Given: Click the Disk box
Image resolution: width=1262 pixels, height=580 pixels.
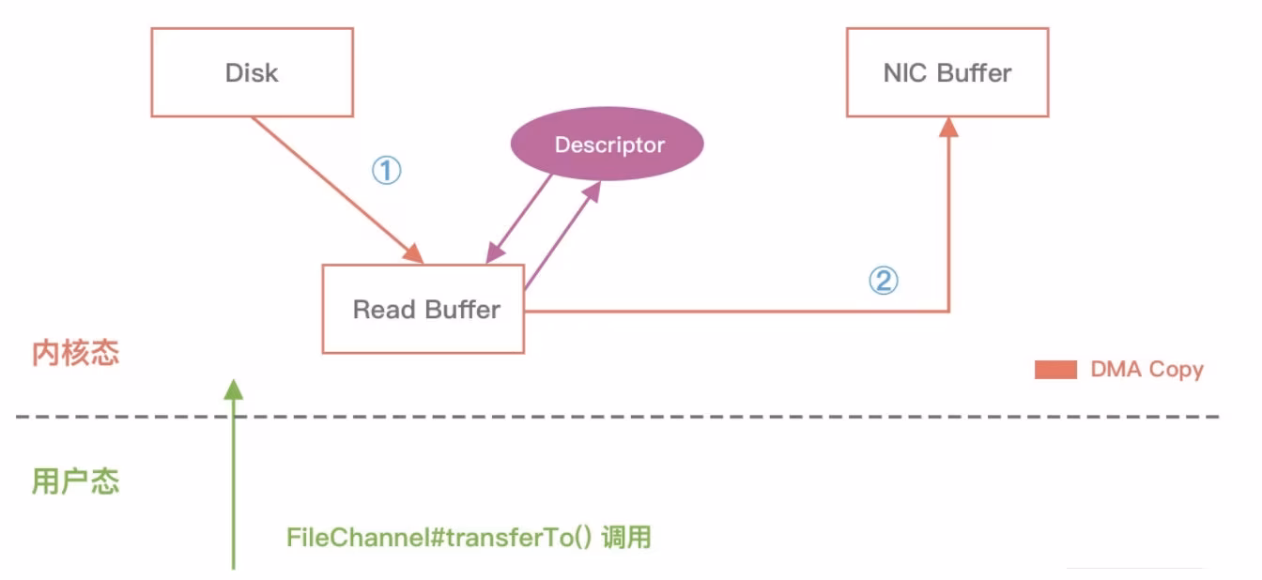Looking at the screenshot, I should coord(252,72).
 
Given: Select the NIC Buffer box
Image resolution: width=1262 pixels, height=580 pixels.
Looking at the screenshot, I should coord(946,72).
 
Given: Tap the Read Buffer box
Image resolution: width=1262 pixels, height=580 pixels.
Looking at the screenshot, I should coord(423,309).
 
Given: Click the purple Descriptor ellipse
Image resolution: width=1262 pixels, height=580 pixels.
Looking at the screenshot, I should coord(608,145).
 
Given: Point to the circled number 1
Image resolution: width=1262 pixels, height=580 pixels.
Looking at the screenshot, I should coord(386,171).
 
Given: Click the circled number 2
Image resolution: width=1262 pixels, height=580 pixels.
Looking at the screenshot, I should coord(883,281).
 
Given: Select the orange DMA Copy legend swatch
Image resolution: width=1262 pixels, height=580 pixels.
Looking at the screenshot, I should coord(1055,370).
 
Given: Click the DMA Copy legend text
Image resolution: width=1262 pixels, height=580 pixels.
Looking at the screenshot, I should coord(1147,370).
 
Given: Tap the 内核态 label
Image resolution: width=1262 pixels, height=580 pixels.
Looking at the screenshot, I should coord(75,354).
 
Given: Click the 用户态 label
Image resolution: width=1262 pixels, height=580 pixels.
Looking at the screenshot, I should coord(75,481).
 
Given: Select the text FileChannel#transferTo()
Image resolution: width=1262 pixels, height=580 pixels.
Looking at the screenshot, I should coord(439,539).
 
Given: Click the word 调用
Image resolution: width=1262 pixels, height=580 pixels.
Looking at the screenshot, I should coord(626,539).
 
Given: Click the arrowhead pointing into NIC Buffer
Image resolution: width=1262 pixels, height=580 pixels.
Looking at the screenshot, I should coord(949,127).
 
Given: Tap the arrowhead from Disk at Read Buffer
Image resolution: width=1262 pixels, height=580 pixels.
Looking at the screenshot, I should coord(414,254).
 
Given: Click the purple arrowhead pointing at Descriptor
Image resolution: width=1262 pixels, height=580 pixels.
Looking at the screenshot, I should coord(591,191).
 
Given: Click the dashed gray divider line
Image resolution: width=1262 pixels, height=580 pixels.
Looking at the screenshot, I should coord(657,416).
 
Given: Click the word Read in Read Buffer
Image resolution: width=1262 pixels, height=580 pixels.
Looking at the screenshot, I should coord(377,310).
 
